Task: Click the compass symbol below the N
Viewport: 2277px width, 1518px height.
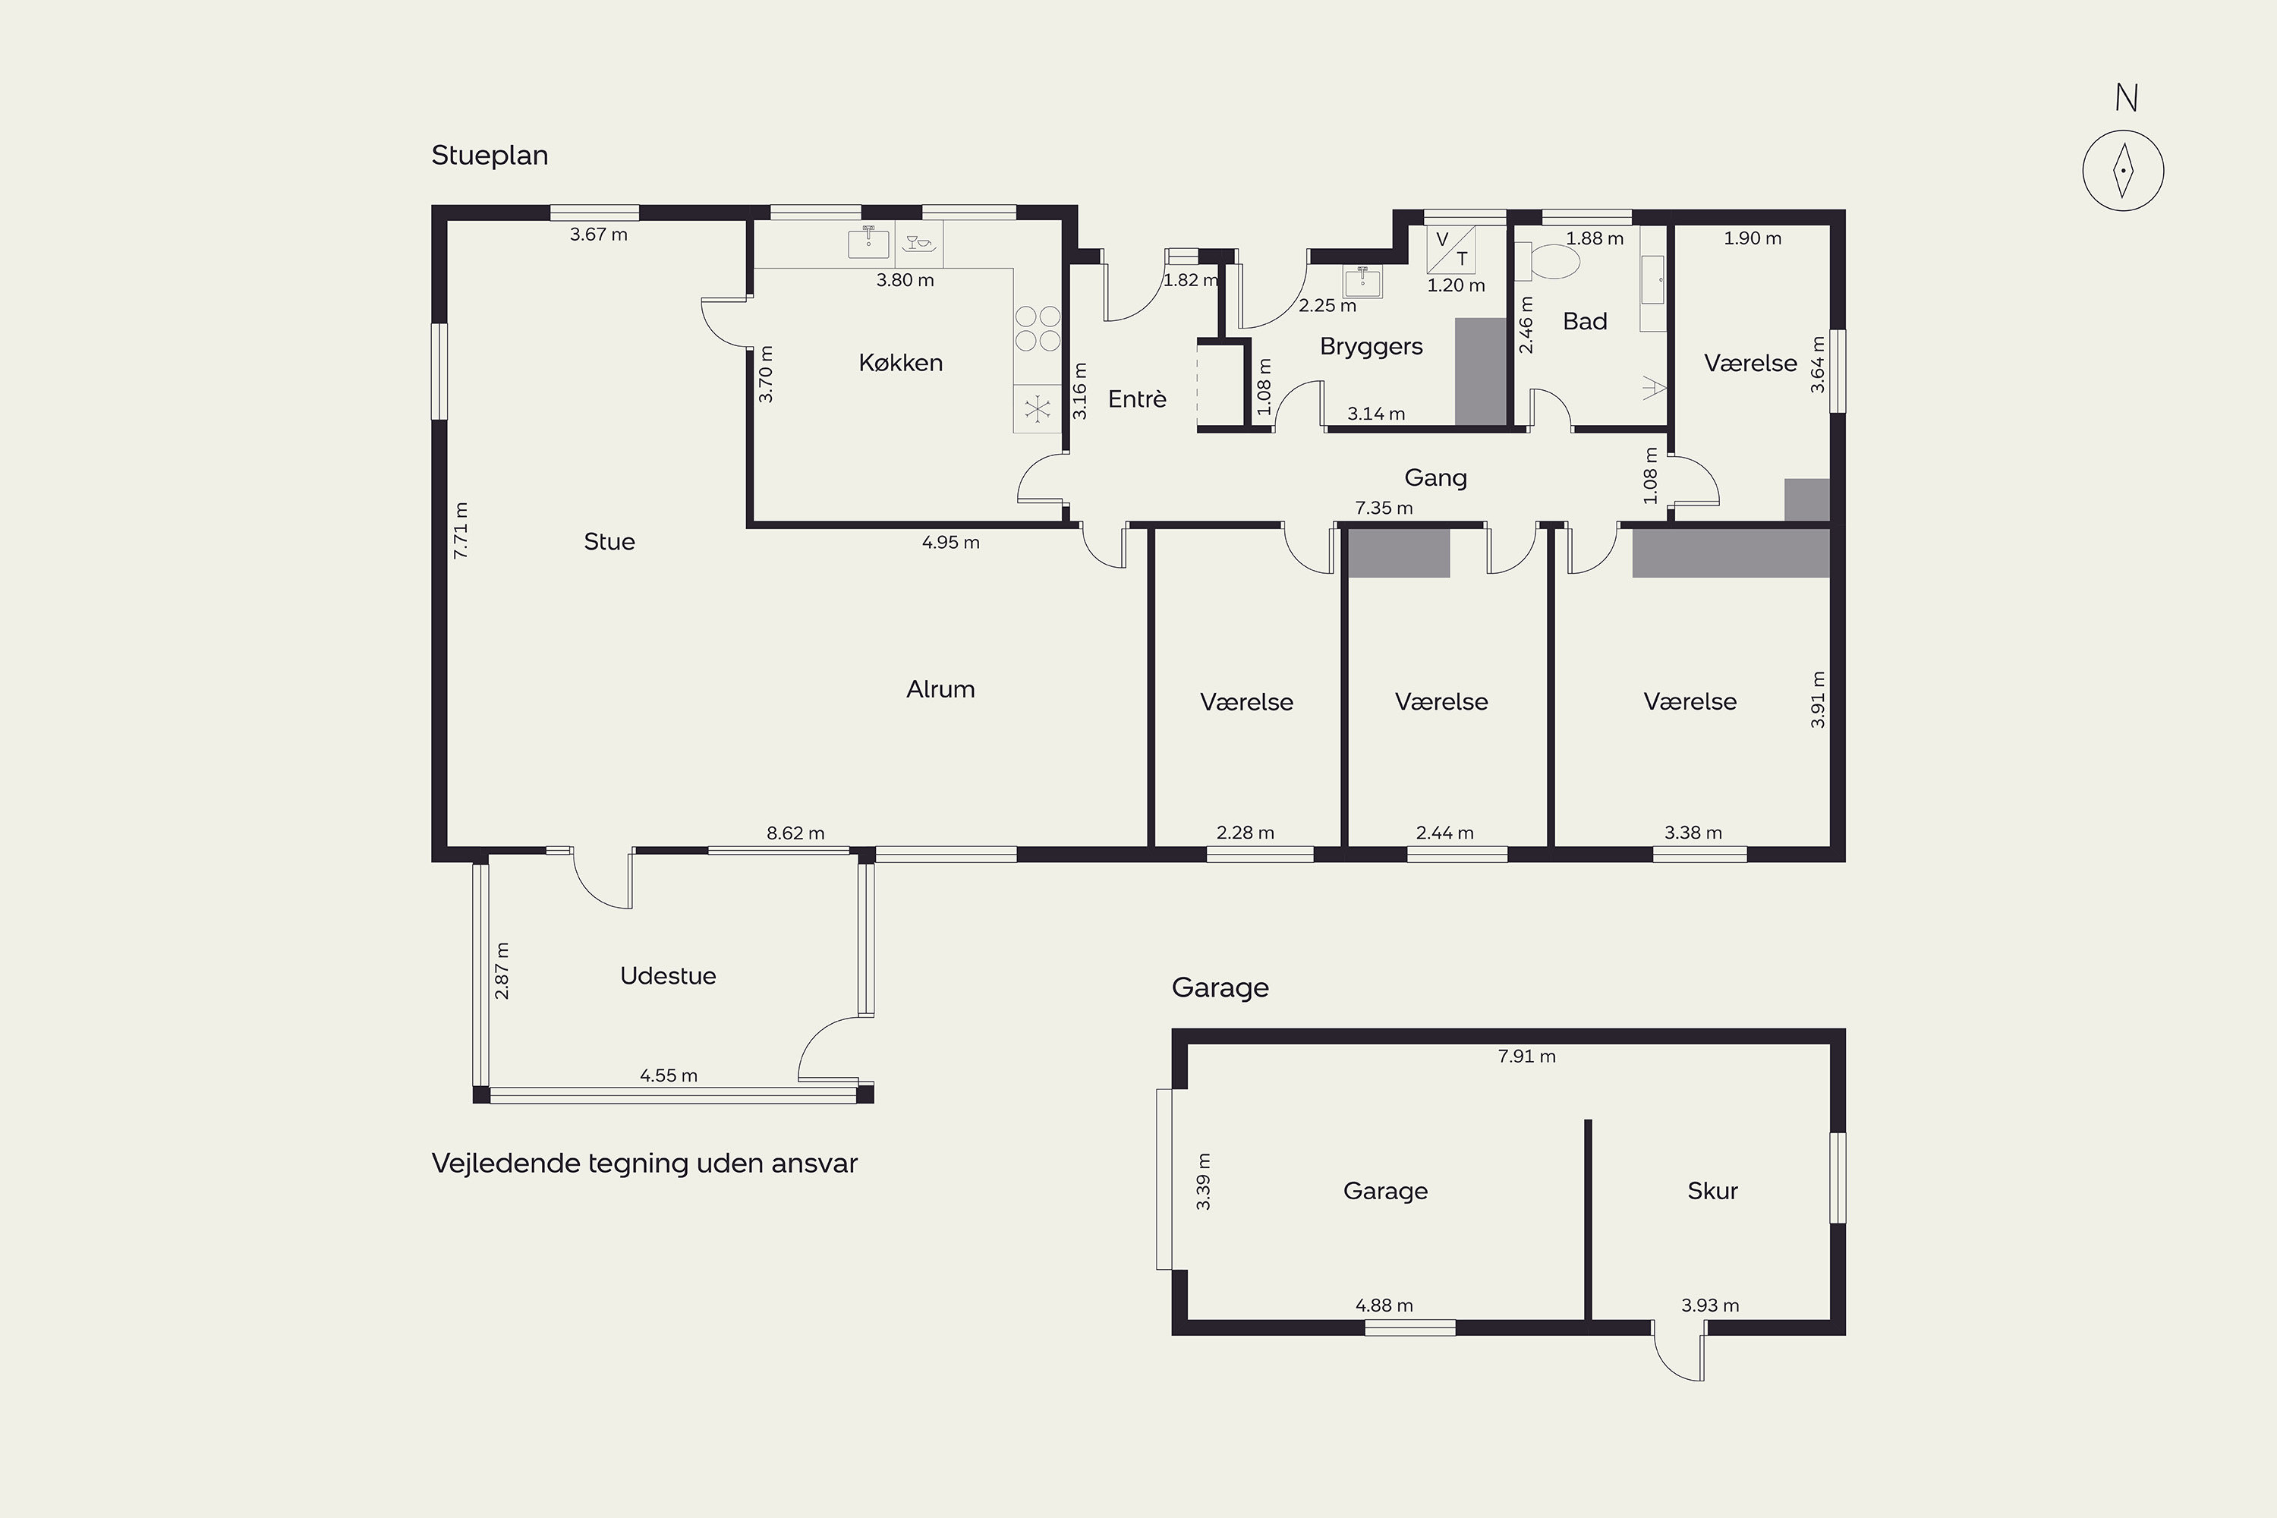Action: (2123, 170)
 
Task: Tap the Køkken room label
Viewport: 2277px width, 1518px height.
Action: (900, 363)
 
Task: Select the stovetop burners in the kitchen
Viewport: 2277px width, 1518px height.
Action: (1038, 328)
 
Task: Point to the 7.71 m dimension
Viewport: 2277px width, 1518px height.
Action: (461, 530)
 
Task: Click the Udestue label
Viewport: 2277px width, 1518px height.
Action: (668, 976)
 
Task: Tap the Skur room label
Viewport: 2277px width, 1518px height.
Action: (1712, 1191)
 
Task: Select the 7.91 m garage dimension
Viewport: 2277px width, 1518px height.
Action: (1526, 1057)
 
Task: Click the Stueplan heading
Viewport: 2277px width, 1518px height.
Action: (490, 156)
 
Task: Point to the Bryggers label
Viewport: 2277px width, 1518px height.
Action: (1371, 348)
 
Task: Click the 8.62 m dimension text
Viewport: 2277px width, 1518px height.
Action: (795, 833)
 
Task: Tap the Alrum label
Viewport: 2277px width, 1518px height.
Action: (940, 689)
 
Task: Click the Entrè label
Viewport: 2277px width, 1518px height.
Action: (1136, 399)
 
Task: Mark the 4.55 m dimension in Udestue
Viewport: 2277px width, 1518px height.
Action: (668, 1076)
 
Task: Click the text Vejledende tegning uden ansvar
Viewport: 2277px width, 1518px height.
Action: (644, 1164)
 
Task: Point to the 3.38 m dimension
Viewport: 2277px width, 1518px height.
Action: (1693, 833)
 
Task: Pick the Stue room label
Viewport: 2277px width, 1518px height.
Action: (609, 542)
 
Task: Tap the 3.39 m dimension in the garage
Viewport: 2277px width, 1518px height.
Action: (1203, 1181)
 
